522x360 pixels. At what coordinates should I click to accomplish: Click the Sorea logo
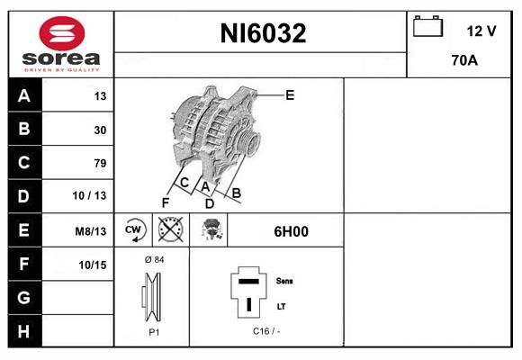click(61, 44)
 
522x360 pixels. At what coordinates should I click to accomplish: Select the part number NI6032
click(264, 34)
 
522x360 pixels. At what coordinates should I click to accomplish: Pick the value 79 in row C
click(99, 163)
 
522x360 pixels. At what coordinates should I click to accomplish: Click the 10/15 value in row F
click(92, 264)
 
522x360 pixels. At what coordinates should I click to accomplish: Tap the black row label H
click(23, 330)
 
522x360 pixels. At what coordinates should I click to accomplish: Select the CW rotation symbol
click(134, 229)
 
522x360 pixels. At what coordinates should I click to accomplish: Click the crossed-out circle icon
click(169, 229)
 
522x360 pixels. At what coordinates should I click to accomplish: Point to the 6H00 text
click(291, 231)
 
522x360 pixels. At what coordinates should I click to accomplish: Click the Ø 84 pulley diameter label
click(153, 260)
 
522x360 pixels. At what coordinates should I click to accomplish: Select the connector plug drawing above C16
click(248, 293)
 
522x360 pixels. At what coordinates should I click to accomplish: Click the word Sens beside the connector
click(284, 281)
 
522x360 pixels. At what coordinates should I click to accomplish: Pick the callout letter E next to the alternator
click(290, 94)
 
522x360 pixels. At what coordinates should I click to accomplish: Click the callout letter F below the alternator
click(166, 202)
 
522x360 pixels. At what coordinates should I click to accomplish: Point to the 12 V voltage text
click(481, 31)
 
